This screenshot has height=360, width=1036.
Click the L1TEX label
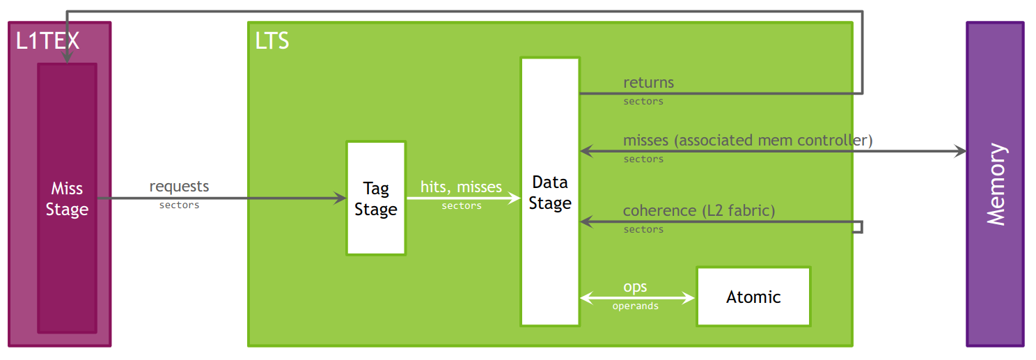pos(48,41)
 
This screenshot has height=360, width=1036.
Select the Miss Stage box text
pos(67,199)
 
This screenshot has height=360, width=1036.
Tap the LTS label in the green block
pos(272,41)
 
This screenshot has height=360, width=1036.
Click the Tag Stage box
pos(376,198)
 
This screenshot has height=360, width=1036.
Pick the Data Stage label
pos(550,193)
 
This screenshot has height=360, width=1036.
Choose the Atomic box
pos(753,297)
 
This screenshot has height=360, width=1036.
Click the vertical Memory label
pos(996,184)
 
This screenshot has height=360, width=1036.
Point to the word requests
pos(179,187)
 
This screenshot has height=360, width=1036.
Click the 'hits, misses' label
pos(461,187)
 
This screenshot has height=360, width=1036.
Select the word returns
pos(648,82)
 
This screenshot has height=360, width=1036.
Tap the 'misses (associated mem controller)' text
pos(747,140)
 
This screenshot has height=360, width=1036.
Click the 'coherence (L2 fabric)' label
pos(698,210)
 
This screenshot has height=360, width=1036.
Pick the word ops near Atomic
pos(635,287)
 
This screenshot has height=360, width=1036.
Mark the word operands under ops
pos(635,306)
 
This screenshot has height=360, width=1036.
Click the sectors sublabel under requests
pos(179,205)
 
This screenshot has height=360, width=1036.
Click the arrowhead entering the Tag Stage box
pos(341,198)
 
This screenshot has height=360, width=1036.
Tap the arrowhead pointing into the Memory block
pos(961,151)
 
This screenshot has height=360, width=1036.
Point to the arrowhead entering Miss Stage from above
pos(67,58)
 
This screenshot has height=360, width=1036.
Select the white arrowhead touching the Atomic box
pos(690,299)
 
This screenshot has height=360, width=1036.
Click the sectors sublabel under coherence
pos(643,230)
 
